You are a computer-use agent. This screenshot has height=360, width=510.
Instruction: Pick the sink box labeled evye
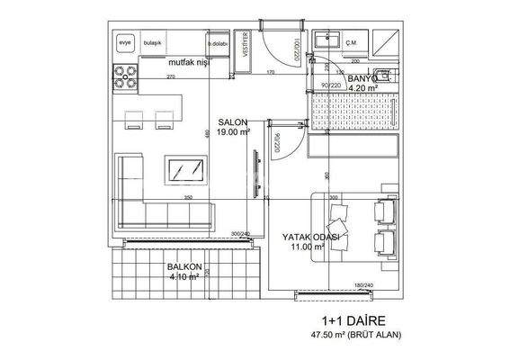(125, 41)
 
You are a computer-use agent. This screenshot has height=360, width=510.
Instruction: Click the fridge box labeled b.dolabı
(217, 42)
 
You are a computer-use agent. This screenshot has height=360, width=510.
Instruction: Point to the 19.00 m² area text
(235, 132)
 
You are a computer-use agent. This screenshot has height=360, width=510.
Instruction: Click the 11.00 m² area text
(309, 247)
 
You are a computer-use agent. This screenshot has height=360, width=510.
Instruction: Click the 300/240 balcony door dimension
(241, 234)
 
